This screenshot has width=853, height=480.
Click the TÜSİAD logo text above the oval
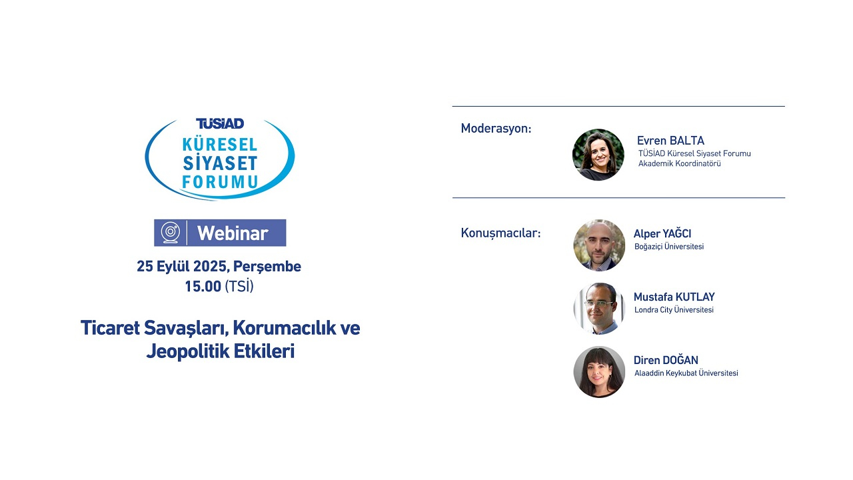coord(220,123)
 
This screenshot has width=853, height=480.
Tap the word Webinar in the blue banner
coord(233,233)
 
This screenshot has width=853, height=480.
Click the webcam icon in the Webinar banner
coord(171,233)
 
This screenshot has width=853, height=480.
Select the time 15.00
coord(203,287)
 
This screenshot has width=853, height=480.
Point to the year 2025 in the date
coord(211,267)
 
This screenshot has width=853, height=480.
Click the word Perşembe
coord(268,267)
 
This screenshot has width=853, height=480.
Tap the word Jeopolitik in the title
coord(185,351)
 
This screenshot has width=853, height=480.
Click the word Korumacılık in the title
coord(288,328)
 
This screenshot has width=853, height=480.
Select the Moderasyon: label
coord(496,129)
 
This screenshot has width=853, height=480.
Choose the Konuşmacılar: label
coord(500,233)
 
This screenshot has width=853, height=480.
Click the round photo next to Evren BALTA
coord(598,155)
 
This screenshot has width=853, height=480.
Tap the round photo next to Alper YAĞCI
coord(599,245)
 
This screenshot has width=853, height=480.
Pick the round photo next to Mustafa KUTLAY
coord(599,308)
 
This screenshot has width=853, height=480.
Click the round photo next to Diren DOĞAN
coord(599,372)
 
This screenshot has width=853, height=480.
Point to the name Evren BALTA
coord(670,141)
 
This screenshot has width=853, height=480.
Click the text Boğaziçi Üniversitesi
coord(669,247)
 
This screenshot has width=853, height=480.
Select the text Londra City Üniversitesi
coord(674,310)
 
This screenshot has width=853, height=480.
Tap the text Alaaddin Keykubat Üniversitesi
coord(686,373)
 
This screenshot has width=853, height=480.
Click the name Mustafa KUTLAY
coord(674,297)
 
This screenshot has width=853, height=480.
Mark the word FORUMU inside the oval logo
coord(220,181)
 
